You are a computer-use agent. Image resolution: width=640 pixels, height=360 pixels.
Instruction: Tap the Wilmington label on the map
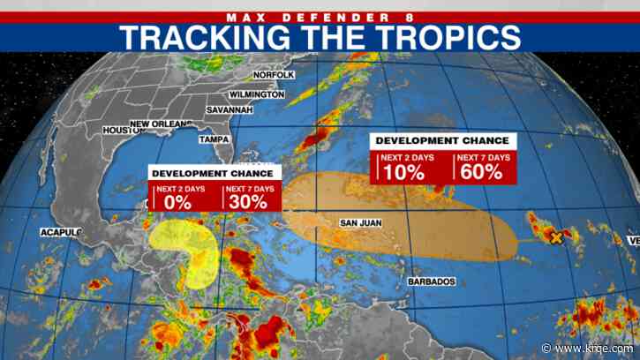point(256,94)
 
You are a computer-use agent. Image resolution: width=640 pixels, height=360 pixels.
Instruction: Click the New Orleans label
point(161,124)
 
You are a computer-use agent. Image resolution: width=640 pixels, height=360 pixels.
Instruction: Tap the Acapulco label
point(59,232)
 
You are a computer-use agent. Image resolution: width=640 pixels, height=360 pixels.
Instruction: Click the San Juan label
point(360,222)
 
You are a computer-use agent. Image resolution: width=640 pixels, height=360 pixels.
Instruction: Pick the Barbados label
point(432,281)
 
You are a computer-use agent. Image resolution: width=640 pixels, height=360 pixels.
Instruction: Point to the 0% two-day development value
point(174,202)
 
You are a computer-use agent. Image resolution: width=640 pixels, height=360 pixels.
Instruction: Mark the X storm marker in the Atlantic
point(557,237)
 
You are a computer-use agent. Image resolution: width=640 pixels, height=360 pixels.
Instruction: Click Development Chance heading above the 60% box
point(442,140)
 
